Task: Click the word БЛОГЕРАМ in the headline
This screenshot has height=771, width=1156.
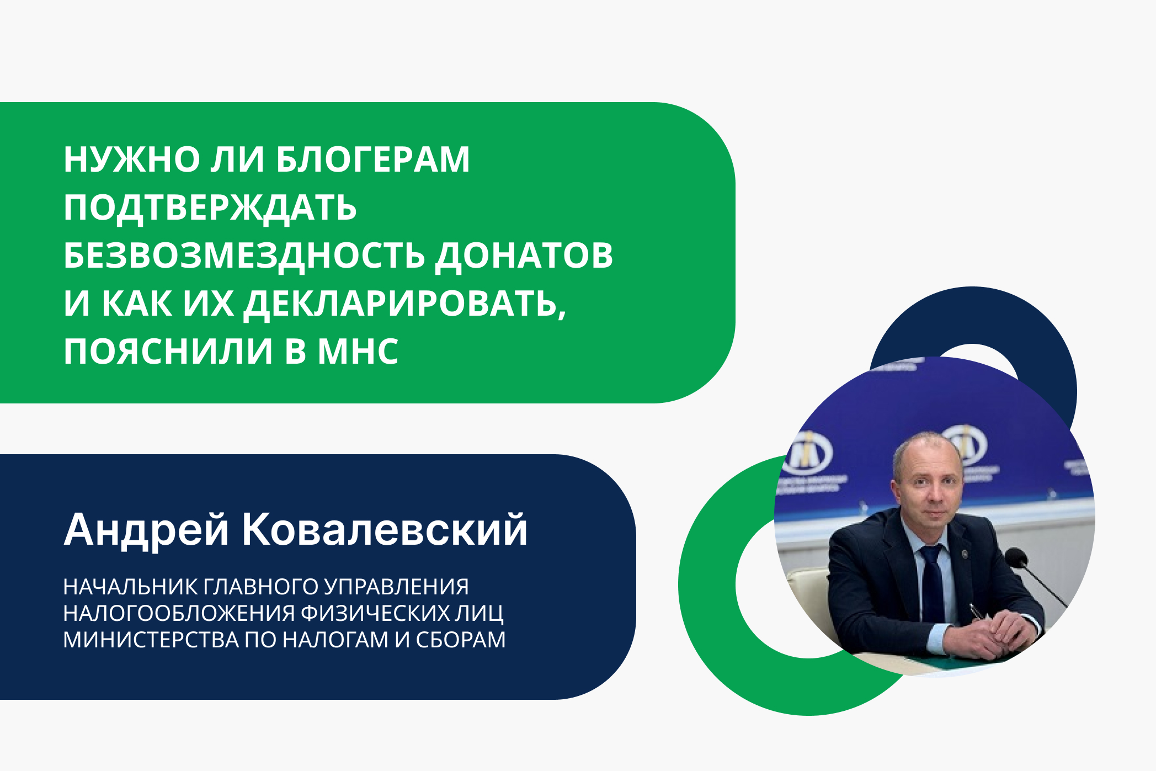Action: (x=372, y=159)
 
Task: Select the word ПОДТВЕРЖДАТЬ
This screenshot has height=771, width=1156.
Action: (x=210, y=208)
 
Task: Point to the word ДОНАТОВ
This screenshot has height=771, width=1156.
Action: (x=524, y=256)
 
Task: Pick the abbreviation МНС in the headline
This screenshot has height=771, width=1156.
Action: (x=358, y=352)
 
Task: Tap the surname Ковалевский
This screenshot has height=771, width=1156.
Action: (x=385, y=530)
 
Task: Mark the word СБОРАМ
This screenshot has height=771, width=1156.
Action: (x=460, y=640)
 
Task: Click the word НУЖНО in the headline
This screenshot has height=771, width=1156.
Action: (x=132, y=159)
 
